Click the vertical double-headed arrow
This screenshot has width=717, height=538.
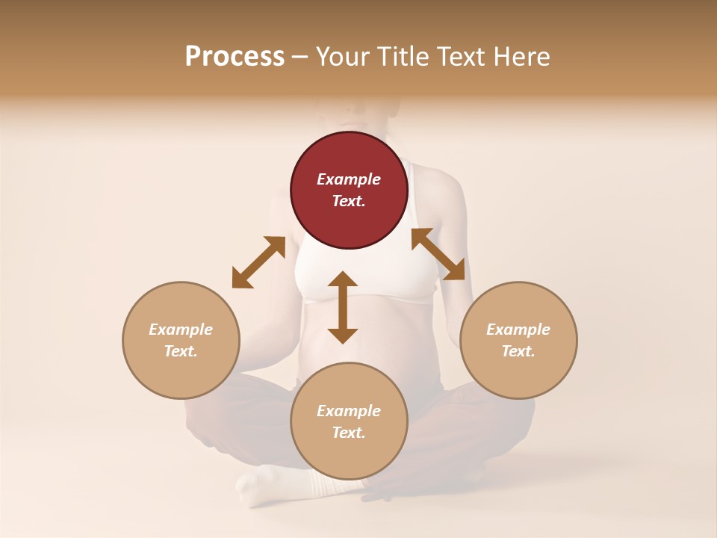click(343, 307)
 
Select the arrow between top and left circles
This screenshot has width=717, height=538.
click(258, 262)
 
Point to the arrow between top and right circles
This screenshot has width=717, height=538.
click(438, 254)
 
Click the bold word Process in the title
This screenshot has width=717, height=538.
click(235, 56)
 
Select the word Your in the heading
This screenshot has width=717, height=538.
click(344, 57)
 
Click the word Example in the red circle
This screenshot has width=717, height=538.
click(349, 179)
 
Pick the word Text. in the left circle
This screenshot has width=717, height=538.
click(181, 351)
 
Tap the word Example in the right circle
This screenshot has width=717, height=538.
click(518, 330)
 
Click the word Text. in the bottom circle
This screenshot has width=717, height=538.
click(349, 433)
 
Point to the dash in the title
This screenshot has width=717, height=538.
click(299, 58)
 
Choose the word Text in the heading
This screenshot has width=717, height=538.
click(459, 57)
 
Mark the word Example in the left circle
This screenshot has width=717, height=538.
click(181, 330)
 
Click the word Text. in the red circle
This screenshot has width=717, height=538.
click(349, 201)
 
